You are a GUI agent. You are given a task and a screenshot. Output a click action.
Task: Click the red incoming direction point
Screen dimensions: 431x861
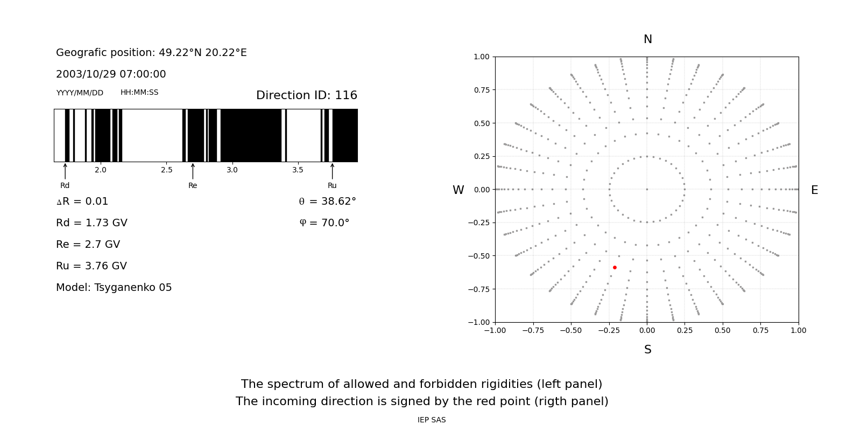[x=615, y=267]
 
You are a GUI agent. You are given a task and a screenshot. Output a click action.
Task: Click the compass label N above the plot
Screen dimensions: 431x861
[x=648, y=39]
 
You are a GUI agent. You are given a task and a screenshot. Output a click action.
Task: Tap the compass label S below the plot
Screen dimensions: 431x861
[x=648, y=350]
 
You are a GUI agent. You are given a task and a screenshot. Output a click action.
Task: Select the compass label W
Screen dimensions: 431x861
[x=458, y=190]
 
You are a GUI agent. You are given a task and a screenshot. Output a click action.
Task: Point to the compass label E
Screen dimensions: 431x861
[x=814, y=190]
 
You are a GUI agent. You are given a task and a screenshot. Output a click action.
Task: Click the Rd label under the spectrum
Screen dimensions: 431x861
[x=65, y=185]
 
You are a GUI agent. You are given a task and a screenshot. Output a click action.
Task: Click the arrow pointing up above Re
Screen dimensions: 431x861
[x=193, y=171]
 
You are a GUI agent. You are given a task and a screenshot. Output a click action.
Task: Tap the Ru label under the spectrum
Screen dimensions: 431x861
[x=332, y=185]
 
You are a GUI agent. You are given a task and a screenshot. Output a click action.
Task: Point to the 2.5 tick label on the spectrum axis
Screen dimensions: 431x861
[x=167, y=170]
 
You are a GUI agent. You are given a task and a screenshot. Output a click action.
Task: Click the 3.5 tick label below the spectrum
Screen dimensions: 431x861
[x=298, y=170]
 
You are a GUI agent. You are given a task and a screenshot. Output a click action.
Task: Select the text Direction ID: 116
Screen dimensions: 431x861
[x=306, y=95]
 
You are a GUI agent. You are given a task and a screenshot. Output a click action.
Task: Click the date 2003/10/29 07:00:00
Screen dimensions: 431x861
[x=111, y=74]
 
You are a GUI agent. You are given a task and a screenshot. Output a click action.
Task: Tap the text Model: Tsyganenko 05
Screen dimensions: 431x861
[x=114, y=287]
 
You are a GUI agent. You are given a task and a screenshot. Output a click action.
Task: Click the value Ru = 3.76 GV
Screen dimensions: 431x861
[x=91, y=266]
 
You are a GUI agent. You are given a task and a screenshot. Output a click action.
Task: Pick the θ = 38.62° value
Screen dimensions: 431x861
[x=327, y=201]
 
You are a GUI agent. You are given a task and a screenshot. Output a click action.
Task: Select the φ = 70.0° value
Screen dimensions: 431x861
[x=324, y=223]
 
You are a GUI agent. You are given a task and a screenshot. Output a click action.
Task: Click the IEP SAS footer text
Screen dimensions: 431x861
[x=432, y=420]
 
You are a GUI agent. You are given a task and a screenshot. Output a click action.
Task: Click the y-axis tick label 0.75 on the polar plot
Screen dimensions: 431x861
[x=481, y=90]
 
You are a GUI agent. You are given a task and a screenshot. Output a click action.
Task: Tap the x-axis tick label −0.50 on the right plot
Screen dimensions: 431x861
[x=571, y=330]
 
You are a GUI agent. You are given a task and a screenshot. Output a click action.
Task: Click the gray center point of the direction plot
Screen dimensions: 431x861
[x=647, y=189]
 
